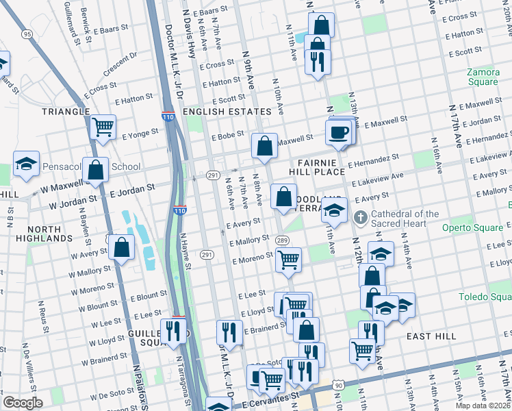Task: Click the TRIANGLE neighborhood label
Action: tap(66, 111)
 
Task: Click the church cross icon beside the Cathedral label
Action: tap(361, 219)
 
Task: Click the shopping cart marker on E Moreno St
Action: tap(289, 260)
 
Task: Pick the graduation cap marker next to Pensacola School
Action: tap(26, 164)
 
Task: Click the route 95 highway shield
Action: tap(27, 34)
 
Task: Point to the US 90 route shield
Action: tap(337, 386)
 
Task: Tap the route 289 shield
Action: tap(281, 240)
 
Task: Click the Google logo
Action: tap(23, 402)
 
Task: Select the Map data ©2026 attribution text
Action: tap(483, 406)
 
